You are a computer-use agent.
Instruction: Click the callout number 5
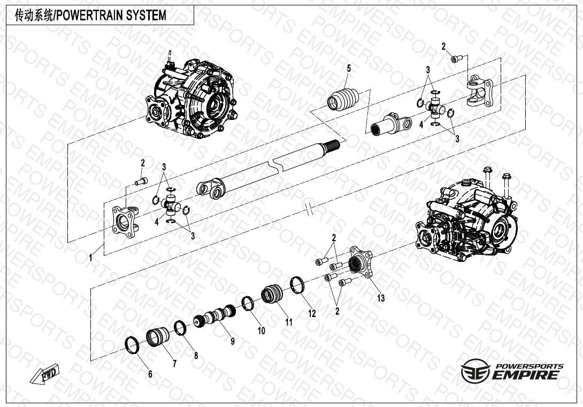348,69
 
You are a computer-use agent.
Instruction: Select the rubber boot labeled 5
343,99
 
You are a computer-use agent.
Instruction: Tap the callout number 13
381,298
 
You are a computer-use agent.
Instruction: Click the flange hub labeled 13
360,262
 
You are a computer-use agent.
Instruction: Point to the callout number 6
150,374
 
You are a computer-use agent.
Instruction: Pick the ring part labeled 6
132,345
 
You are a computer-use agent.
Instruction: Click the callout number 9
232,341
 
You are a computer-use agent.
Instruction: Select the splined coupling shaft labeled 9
215,316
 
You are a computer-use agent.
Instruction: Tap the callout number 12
312,313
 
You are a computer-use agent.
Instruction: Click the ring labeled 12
297,285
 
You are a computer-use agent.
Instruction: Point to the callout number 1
90,257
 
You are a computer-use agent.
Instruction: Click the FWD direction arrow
44,374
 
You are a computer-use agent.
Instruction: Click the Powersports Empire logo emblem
475,371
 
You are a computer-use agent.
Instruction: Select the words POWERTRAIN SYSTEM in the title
111,16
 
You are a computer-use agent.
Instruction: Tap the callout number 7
174,364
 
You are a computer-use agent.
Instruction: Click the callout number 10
262,330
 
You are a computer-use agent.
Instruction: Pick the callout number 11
289,322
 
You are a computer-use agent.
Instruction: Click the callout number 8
196,356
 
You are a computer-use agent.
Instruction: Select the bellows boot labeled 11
272,294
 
